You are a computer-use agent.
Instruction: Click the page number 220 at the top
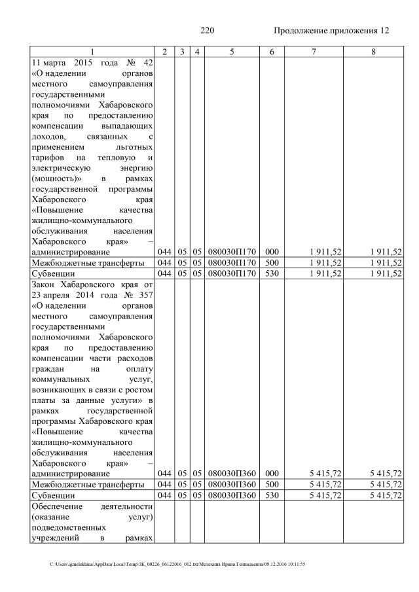pyautogui.click(x=208, y=31)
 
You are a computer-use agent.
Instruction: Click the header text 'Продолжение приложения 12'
pyautogui.click(x=331, y=31)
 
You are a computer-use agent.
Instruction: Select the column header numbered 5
pyautogui.click(x=232, y=51)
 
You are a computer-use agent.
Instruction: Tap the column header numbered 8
pyautogui.click(x=373, y=51)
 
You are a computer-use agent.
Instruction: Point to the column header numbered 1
pyautogui.click(x=92, y=51)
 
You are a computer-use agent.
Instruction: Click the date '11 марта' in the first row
pyautogui.click(x=50, y=63)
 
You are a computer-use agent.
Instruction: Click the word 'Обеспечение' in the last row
pyautogui.click(x=57, y=506)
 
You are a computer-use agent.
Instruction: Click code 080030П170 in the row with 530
pyautogui.click(x=232, y=273)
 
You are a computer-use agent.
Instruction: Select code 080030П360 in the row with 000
pyautogui.click(x=232, y=474)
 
